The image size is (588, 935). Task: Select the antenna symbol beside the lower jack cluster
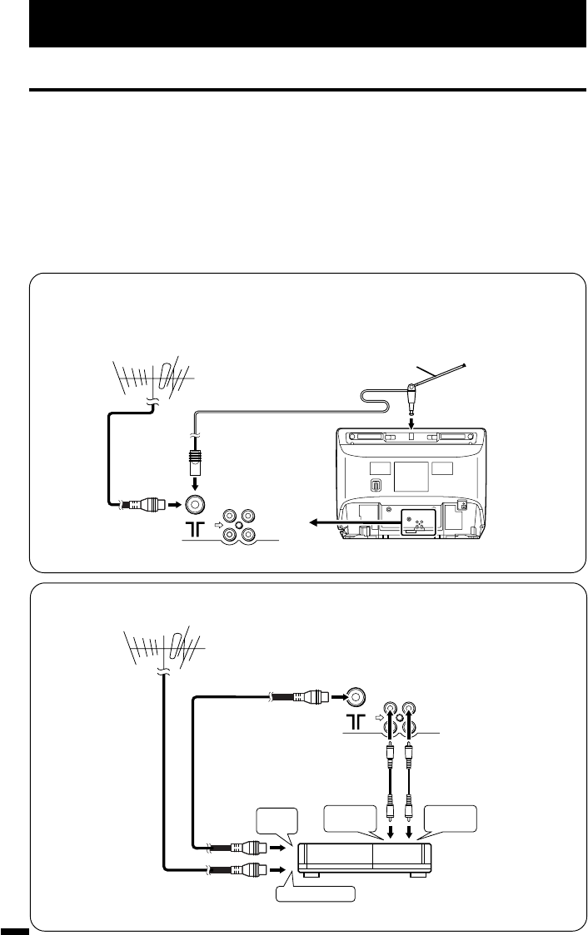[x=352, y=716]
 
